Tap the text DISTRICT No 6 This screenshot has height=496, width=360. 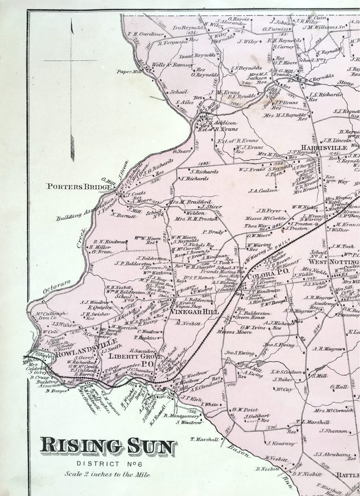point(107,464)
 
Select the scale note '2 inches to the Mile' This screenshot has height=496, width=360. point(107,473)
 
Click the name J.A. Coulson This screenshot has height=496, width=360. point(263,190)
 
